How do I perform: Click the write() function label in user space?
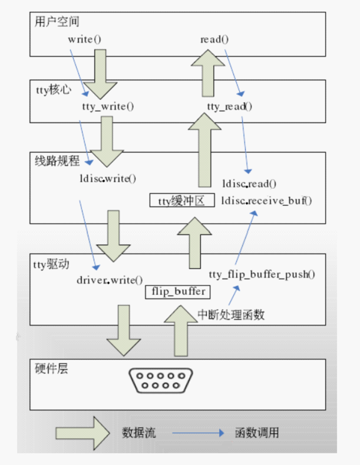(85, 39)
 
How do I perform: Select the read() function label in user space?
(214, 39)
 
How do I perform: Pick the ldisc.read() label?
(249, 183)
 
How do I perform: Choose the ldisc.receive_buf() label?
(266, 200)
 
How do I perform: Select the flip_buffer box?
(177, 291)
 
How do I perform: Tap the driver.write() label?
(110, 279)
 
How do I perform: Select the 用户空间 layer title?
(52, 22)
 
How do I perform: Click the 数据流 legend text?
(137, 433)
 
